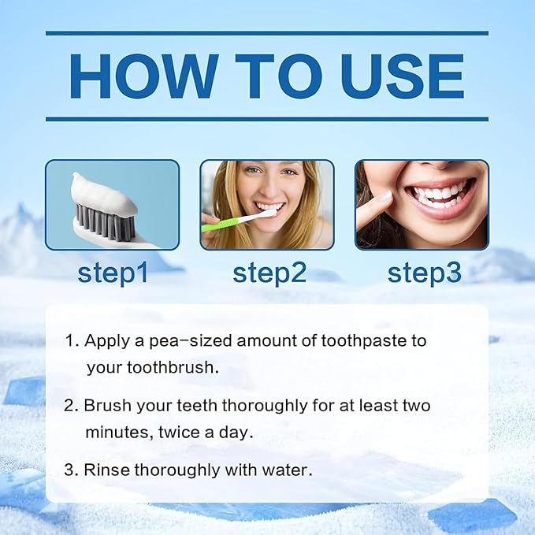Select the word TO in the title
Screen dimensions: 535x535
(273, 76)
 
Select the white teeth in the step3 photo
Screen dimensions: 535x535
(440, 192)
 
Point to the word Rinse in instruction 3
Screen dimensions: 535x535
(106, 470)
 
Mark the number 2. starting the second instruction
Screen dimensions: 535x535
(72, 406)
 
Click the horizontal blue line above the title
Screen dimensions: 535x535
(267, 33)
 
